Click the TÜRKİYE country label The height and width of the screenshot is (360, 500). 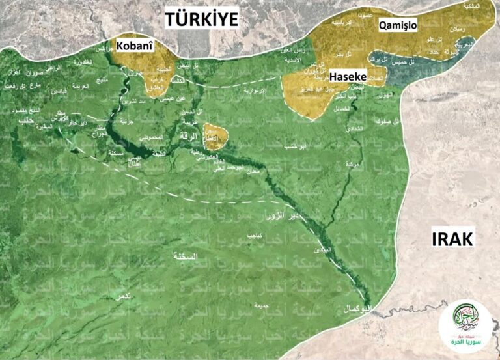point(201,19)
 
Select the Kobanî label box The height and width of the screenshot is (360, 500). point(134,46)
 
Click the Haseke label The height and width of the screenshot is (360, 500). point(349,76)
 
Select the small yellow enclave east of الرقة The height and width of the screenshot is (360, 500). point(215,136)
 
